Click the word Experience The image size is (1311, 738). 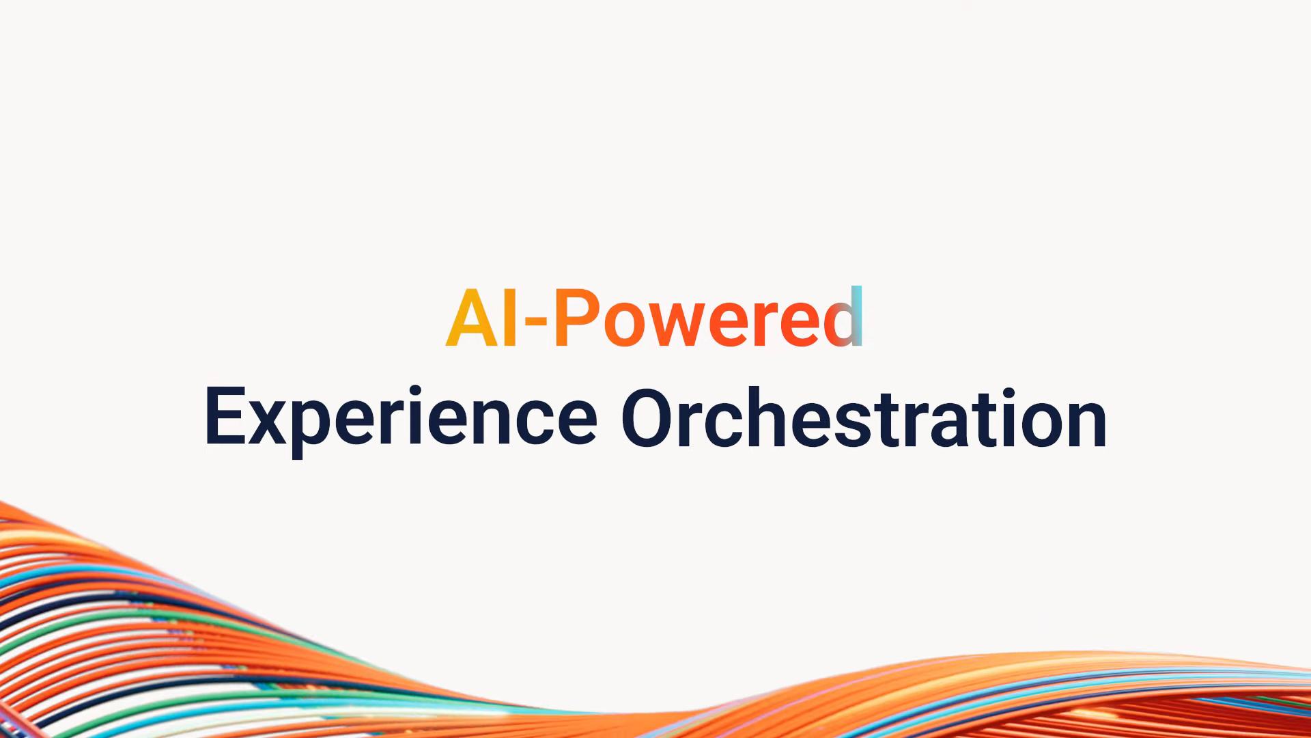tap(401, 419)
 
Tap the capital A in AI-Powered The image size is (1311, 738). tap(471, 318)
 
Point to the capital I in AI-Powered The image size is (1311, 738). tap(509, 318)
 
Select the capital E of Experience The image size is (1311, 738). tap(225, 417)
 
